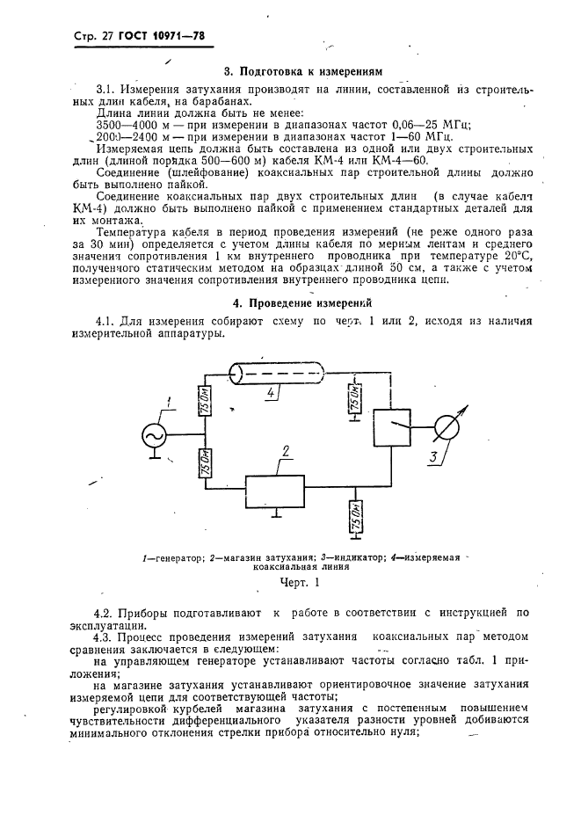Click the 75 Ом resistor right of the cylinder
353,401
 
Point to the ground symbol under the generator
155,458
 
